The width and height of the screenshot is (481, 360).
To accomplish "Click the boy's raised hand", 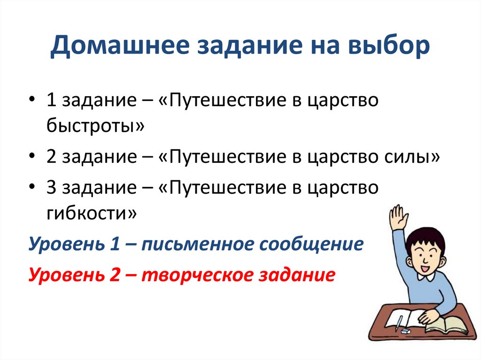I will [398, 217].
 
